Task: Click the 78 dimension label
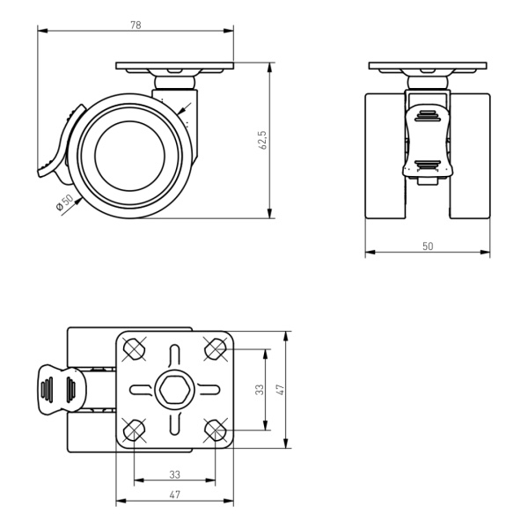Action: (136, 25)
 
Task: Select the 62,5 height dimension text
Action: (262, 140)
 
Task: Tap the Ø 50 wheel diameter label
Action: (64, 202)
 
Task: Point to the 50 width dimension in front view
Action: (428, 246)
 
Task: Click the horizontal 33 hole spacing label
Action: (175, 474)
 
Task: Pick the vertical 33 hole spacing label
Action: (260, 390)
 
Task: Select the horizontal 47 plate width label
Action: (175, 495)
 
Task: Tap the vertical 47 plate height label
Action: (280, 390)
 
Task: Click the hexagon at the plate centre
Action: (175, 390)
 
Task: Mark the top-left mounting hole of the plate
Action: (135, 348)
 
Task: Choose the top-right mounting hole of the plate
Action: (216, 348)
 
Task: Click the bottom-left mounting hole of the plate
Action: (135, 430)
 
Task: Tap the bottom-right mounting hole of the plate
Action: (216, 430)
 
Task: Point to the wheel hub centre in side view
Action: (130, 156)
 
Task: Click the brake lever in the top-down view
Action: (62, 389)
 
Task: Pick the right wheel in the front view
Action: (470, 156)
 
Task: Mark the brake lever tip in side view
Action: (40, 173)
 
